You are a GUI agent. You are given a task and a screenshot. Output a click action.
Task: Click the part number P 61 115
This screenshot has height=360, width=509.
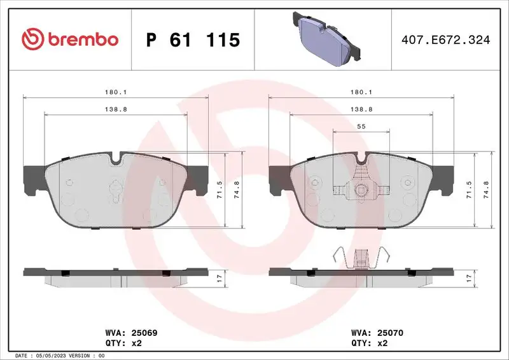pos(193,40)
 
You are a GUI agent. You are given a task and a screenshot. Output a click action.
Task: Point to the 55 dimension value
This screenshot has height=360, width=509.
pos(361,127)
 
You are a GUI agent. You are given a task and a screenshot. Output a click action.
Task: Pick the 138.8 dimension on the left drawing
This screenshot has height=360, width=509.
pos(116,109)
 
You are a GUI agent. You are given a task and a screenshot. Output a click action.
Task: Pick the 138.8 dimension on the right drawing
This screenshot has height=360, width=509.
pos(361,109)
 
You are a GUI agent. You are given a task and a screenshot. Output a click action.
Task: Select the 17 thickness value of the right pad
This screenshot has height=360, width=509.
pos(468,277)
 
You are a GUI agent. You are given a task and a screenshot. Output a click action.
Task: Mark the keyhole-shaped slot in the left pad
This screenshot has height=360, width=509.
pos(115,191)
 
